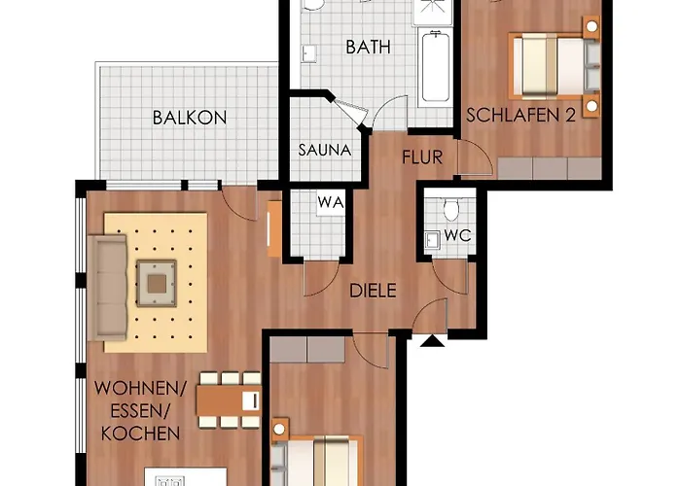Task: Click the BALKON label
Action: click(x=190, y=118)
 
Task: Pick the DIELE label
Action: click(x=374, y=288)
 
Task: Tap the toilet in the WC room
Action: click(x=450, y=209)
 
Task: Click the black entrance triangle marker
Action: click(x=432, y=339)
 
